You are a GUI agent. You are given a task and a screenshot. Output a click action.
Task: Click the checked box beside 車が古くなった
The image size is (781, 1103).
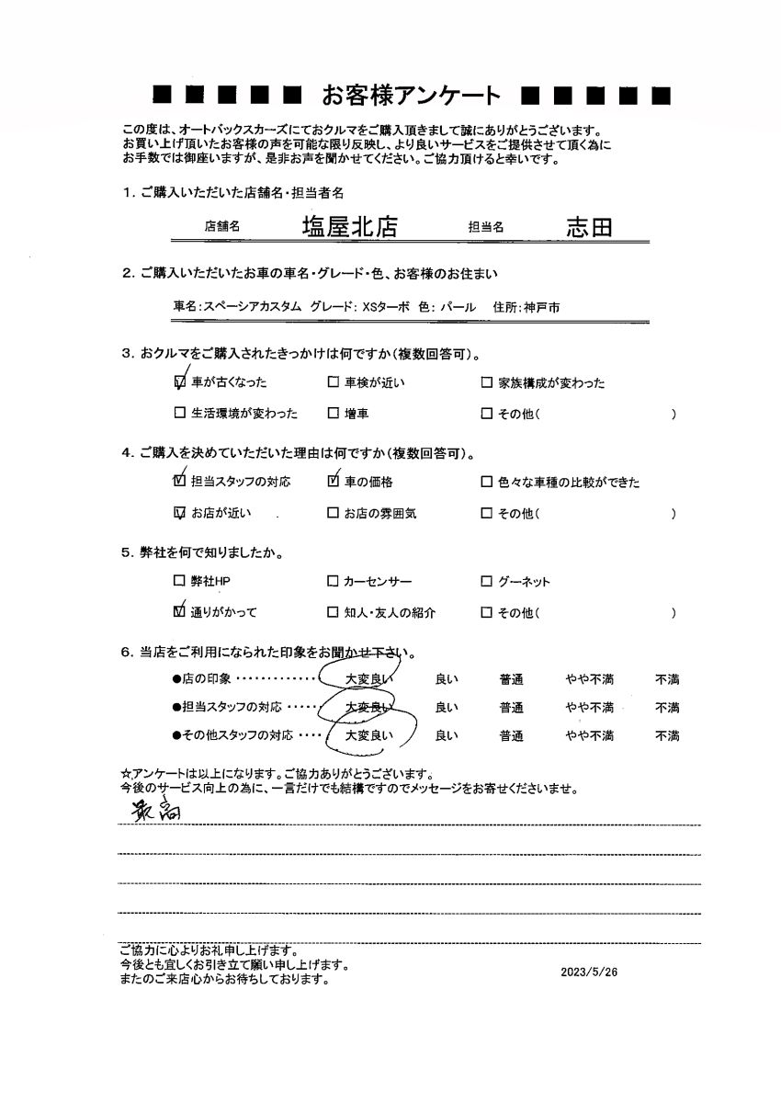coord(179,382)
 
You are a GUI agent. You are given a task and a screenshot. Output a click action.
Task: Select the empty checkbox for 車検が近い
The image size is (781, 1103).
coord(333,383)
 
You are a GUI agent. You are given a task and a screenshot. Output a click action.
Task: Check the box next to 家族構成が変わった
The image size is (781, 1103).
coord(487,383)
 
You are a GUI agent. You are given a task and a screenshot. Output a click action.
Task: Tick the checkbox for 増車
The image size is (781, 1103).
coord(333,414)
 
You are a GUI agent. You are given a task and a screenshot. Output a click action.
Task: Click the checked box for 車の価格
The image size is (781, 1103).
coord(333,482)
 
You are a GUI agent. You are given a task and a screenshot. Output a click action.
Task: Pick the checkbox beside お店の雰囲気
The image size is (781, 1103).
coord(333,513)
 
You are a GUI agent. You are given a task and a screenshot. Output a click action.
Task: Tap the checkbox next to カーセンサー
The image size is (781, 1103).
coord(333,582)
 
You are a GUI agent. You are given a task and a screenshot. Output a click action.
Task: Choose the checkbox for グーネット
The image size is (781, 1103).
coord(487,582)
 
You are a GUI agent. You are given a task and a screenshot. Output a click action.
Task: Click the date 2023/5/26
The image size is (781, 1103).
coord(588,972)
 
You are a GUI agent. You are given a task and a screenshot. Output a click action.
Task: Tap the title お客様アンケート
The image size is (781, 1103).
coord(411,95)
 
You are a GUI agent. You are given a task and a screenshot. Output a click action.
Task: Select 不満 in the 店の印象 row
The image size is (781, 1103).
coord(667,680)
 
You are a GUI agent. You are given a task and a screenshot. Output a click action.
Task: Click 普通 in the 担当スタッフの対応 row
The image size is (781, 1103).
coord(512,708)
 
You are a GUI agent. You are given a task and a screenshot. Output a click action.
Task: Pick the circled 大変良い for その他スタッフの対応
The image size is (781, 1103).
coord(368,735)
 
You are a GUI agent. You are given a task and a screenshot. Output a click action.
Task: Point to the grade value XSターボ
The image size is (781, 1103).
coord(387,307)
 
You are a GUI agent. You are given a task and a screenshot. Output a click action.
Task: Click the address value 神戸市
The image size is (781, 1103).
coord(542,307)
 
